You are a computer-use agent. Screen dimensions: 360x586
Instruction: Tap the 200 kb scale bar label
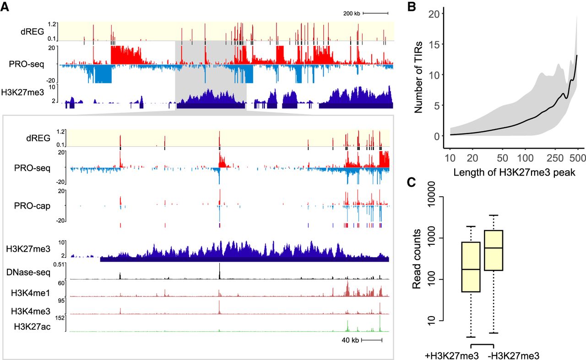coord(352,13)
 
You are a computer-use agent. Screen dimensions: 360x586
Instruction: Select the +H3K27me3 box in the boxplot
coord(470,267)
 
